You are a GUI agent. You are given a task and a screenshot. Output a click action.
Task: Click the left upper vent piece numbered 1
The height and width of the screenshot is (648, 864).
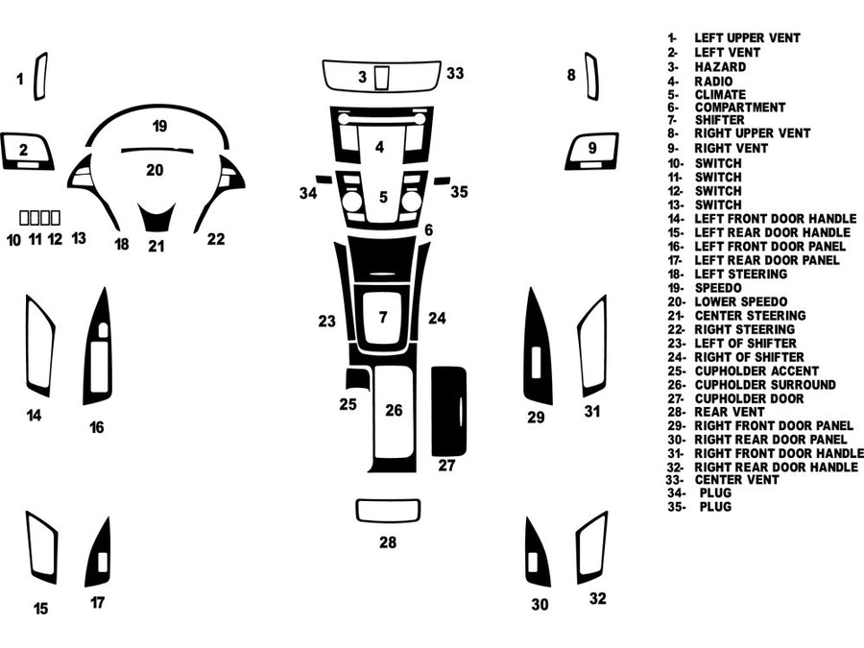pos(40,77)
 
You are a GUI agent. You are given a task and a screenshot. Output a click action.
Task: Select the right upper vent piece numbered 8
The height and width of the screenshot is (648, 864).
pos(589,77)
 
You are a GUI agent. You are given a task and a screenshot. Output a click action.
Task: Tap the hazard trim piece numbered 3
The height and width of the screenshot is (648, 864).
pos(382,76)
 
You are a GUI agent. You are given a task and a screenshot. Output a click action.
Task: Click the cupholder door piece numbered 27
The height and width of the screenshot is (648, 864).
pos(447,411)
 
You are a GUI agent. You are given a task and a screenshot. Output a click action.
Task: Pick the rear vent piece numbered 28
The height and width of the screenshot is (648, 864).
pos(388,510)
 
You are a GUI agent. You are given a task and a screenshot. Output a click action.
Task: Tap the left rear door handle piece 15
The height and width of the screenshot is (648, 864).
pos(42,548)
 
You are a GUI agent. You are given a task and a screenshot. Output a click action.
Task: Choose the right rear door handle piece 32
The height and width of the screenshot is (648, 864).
pos(591,548)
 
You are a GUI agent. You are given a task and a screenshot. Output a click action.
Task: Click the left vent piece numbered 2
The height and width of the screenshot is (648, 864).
pos(27,151)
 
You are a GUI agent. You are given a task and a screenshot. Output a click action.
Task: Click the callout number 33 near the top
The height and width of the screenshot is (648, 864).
pos(455,73)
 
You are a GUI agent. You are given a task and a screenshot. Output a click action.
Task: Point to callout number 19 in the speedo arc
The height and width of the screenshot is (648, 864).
pos(159,126)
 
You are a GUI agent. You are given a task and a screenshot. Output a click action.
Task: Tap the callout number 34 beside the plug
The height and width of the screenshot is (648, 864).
pos(307,193)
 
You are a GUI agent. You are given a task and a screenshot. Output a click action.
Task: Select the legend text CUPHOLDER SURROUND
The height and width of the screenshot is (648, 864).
pos(764,384)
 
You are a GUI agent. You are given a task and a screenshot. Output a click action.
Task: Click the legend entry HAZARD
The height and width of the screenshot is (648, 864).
pos(720,67)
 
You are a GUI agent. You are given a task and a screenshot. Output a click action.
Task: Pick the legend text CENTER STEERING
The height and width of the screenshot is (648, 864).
pos(750,315)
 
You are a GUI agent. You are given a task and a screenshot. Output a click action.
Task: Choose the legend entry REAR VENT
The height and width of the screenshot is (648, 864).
pos(730,412)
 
